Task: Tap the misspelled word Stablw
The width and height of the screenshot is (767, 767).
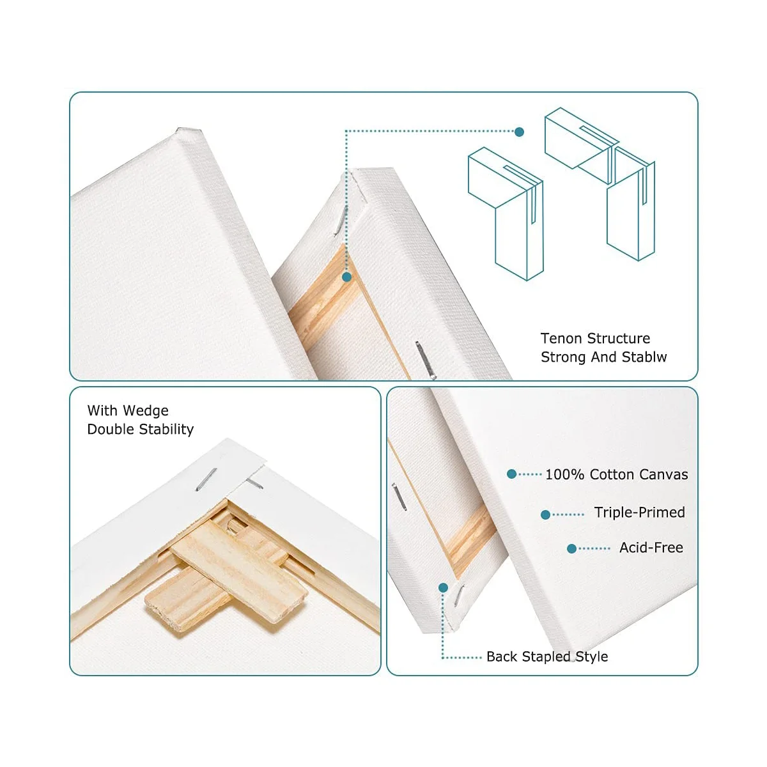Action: [644, 357]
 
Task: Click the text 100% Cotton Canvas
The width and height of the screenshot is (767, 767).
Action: [616, 474]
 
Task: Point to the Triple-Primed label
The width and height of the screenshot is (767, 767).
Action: [639, 512]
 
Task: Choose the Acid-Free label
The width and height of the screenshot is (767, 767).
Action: [651, 547]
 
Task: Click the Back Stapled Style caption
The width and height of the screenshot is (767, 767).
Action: [547, 656]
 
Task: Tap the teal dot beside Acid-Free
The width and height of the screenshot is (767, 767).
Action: [572, 548]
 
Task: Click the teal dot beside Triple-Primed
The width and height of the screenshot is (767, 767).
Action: [545, 515]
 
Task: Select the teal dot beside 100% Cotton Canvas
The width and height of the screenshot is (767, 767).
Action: [511, 474]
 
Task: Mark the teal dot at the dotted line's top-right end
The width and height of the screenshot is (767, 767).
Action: [520, 132]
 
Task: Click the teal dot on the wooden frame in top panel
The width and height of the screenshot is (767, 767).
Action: [346, 277]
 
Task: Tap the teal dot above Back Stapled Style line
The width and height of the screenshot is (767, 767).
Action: [442, 587]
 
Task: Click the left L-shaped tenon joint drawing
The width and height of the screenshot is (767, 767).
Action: [506, 211]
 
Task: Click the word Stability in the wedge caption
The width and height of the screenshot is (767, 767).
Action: [165, 429]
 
